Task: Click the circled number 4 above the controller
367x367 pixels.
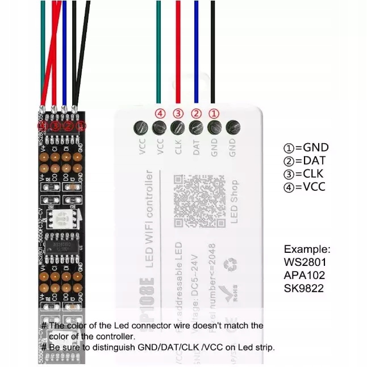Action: click(160, 113)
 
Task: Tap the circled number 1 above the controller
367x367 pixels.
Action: click(214, 113)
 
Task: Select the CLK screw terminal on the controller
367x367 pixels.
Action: click(178, 128)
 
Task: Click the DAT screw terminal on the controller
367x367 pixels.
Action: click(196, 128)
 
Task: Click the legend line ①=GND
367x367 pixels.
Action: click(306, 148)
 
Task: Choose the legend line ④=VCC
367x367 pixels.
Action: click(305, 186)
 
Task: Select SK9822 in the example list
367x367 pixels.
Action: click(305, 289)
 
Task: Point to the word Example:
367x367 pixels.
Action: click(307, 249)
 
